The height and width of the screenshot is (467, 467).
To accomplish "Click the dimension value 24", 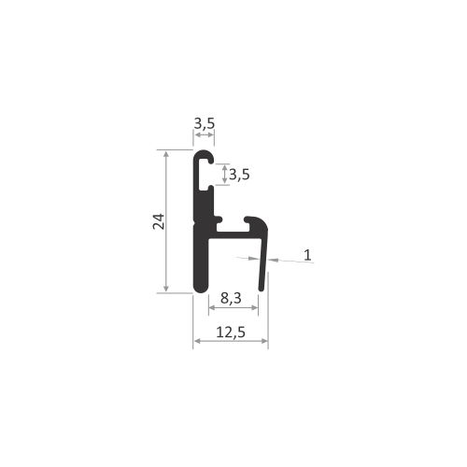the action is click(159, 221).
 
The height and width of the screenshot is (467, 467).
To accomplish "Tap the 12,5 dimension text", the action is click(231, 333).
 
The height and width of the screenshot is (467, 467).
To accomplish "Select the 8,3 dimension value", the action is click(231, 298).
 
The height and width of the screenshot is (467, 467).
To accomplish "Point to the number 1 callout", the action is click(307, 255).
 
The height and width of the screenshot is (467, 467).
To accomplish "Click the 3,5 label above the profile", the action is click(205, 123).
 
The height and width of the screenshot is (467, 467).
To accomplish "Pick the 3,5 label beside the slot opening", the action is click(239, 175).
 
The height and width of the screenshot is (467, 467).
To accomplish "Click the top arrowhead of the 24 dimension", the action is click(166, 155).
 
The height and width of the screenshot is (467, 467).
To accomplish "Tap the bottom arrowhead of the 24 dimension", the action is click(166, 288).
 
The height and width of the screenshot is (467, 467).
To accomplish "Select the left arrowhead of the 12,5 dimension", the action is click(197, 341).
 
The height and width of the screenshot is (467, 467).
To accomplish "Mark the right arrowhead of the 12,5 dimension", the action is click(264, 341).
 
